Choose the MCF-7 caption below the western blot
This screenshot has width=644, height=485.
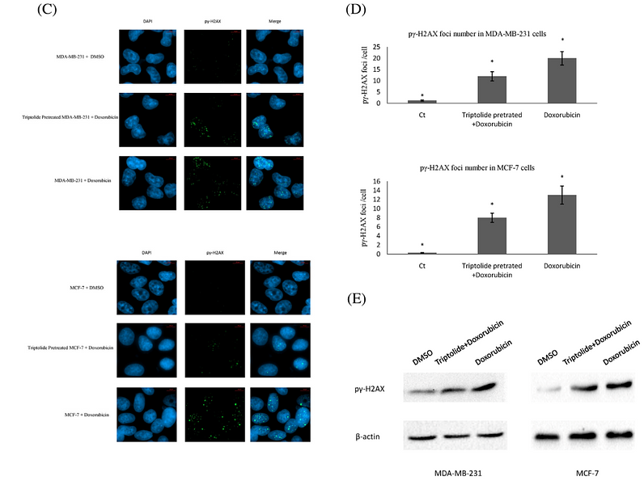click(570, 470)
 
